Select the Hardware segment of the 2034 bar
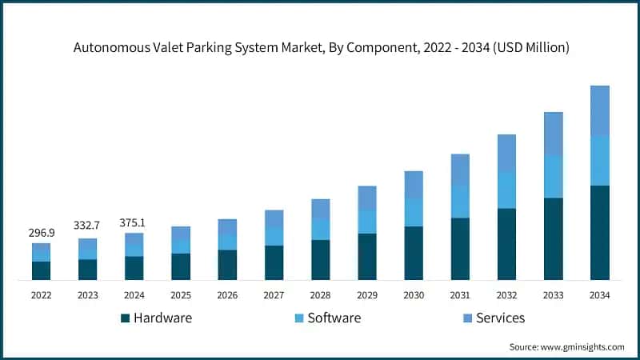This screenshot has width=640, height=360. coord(599,232)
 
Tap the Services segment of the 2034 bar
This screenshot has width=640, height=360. coord(599,110)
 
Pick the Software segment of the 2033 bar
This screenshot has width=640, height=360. coord(553,176)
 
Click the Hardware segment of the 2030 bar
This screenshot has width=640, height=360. coord(413,253)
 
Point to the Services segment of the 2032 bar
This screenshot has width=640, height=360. coord(506,153)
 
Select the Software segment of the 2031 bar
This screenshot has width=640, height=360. coord(459,202)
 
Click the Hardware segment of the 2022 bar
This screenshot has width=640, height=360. coord(41,270)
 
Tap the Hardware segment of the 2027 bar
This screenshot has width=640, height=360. coord(274,262)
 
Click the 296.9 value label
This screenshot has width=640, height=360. coord(41,233)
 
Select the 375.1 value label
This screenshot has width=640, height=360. coord(134,222)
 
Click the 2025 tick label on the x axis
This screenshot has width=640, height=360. coord(181,295)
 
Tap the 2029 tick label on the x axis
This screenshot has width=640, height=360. coord(366,295)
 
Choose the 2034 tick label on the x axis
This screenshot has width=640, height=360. coord(599,295)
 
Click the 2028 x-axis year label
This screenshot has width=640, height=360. coord(320,295)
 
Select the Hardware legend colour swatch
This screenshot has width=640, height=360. coord(125,318)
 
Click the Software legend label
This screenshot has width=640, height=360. coord(334,318)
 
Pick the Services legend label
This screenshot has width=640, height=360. coord(500,318)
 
